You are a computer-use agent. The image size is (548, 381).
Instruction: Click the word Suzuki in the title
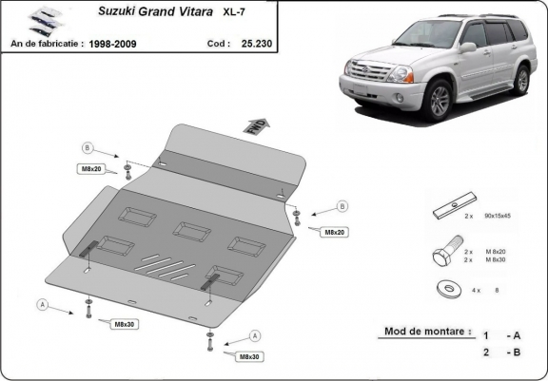[x=123, y=14]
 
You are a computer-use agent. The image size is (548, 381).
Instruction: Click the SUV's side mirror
[x=466, y=47]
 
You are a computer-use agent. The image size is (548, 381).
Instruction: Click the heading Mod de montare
[x=427, y=333]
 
